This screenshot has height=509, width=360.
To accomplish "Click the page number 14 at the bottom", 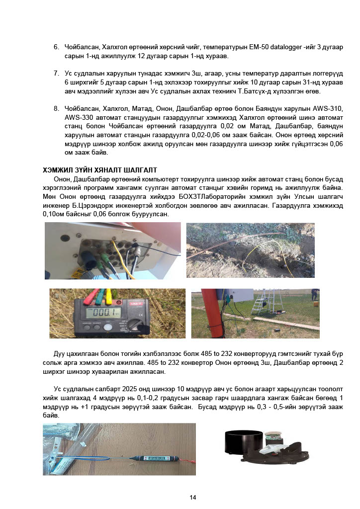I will click(193, 497).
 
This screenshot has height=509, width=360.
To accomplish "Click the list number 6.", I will click(56, 47).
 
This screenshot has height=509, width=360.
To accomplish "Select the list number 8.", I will click(56, 108).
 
